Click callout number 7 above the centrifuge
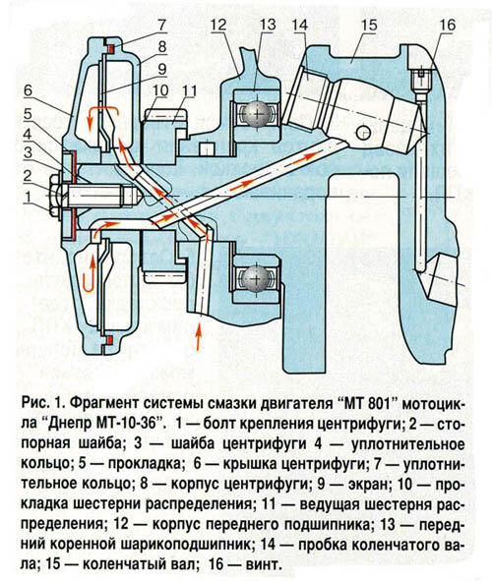(162, 26)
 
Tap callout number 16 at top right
(448, 26)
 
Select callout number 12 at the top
(218, 26)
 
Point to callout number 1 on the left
(27, 198)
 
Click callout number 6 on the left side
(29, 90)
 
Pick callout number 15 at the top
(369, 26)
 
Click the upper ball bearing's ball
(256, 114)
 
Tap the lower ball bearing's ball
(256, 277)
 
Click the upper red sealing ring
(110, 48)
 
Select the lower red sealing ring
(110, 340)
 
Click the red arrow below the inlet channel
(199, 336)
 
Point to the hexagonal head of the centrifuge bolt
(56, 196)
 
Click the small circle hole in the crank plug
(363, 133)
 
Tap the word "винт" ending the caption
(262, 565)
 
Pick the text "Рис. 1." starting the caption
(44, 403)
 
